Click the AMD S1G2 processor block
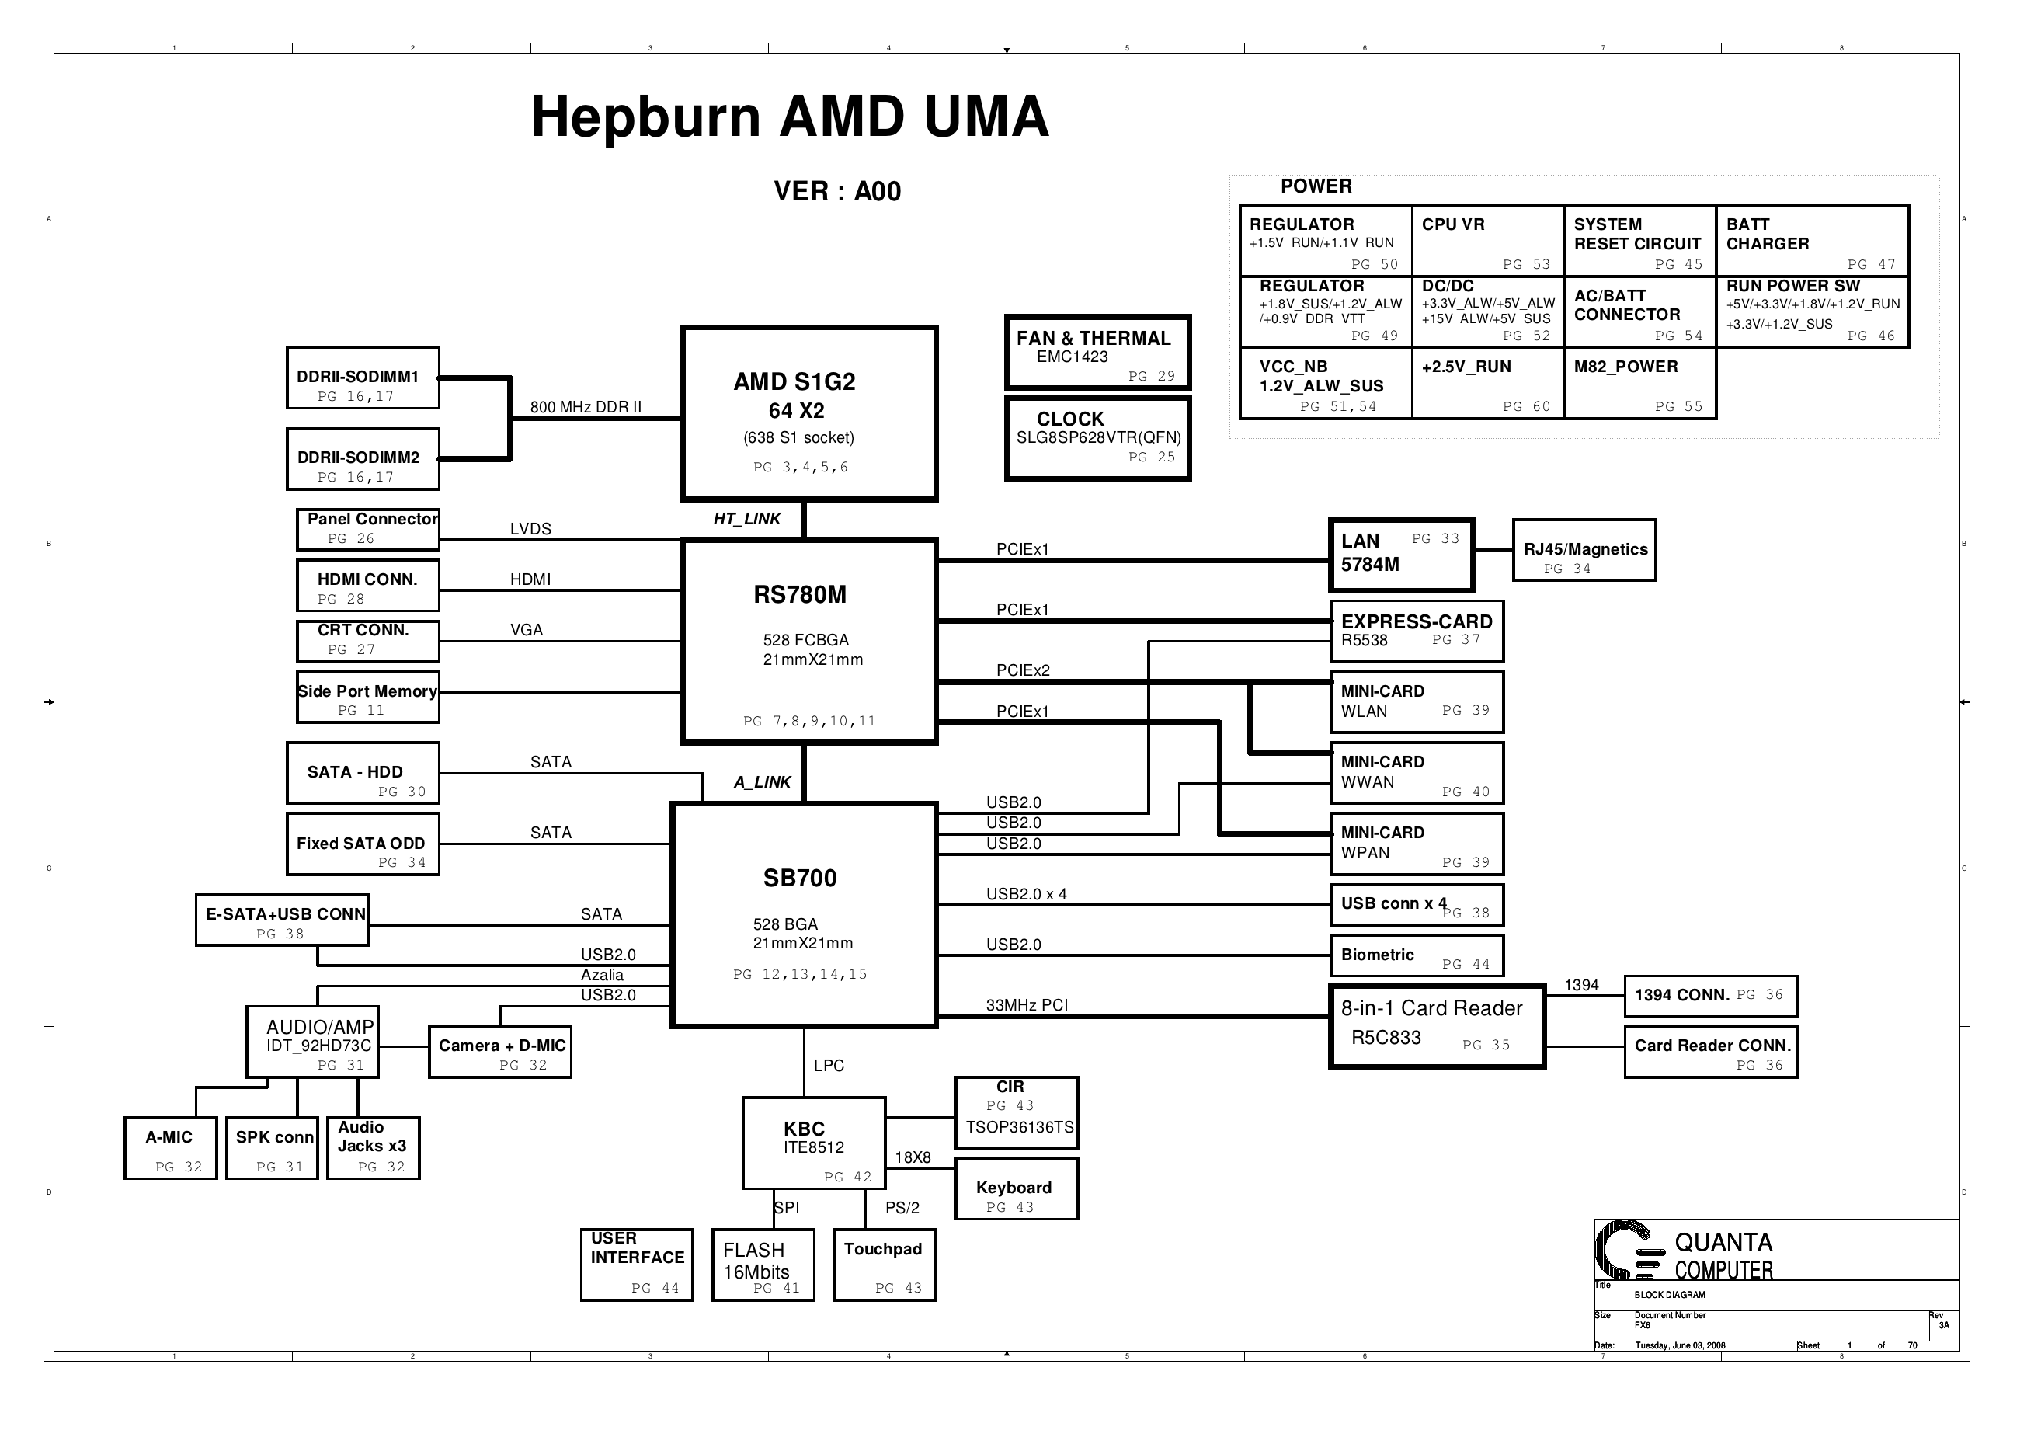click(x=808, y=413)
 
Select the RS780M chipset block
click(x=808, y=640)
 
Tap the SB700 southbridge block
click(x=804, y=916)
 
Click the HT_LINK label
click(x=746, y=520)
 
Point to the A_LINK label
click(x=762, y=782)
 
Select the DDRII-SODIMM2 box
click(x=363, y=460)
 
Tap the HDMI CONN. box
click(x=367, y=586)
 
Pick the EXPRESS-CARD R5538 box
click(x=1416, y=632)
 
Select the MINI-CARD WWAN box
click(x=1416, y=774)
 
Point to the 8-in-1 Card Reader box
click(x=1437, y=1026)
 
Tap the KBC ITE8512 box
click(x=813, y=1143)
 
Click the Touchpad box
click(x=885, y=1265)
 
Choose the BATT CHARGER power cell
click(x=1812, y=241)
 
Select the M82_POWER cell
click(x=1639, y=383)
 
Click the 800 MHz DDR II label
click(x=586, y=407)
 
